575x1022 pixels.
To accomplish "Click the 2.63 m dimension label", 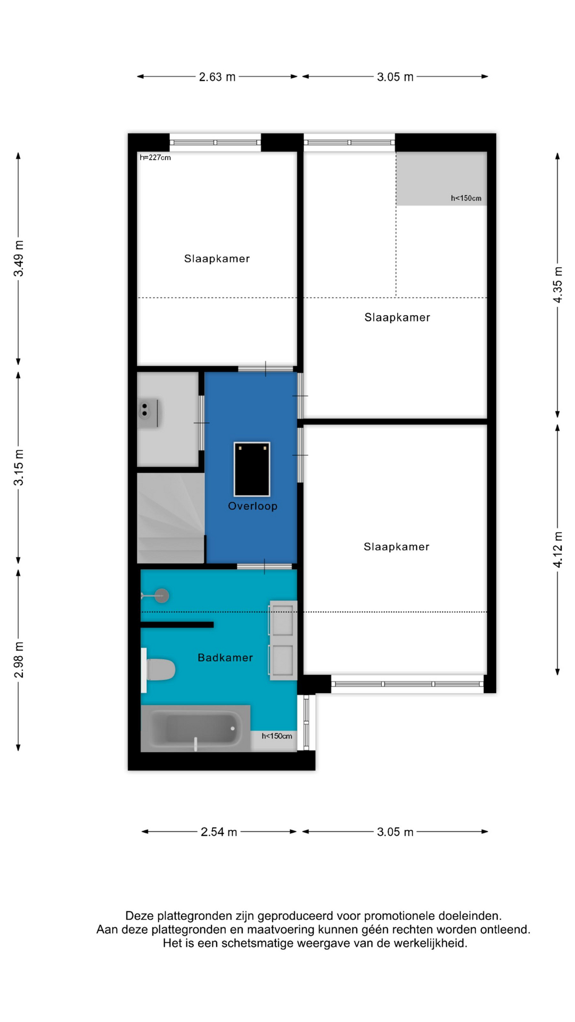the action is coord(217,77).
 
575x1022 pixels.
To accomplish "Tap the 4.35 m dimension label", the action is coord(557,285).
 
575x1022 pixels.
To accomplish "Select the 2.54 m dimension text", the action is coord(219,832).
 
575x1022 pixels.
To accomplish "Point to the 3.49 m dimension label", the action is coord(19,259).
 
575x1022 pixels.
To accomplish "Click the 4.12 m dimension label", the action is coord(557,549).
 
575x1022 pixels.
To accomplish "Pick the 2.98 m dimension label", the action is coord(19,660).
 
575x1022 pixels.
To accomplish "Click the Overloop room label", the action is coord(253,506).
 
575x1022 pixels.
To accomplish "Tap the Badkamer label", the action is coord(225,658).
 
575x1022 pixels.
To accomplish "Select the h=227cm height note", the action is coord(155,158).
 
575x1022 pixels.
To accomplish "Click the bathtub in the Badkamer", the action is coord(195,729).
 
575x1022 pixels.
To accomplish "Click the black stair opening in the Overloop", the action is coord(252,469).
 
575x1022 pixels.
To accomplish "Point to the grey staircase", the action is coord(170,518).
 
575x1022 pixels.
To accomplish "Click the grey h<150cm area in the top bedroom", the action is coord(441,179).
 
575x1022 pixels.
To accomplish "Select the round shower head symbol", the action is coord(162,596).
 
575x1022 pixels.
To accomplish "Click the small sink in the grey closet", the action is coord(147,413).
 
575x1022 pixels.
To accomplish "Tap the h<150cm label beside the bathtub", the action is coord(277,736).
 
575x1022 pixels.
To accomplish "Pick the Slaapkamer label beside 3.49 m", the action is coord(217,259).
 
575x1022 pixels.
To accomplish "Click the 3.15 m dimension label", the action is coord(19,467).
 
